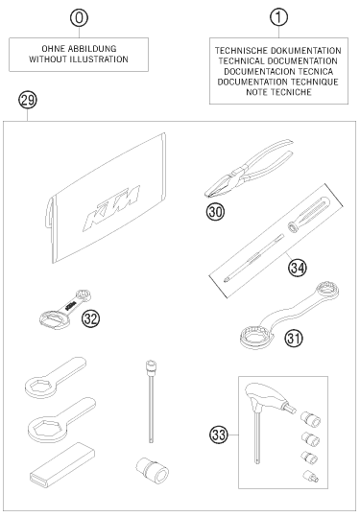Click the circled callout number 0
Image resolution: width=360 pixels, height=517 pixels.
point(79,18)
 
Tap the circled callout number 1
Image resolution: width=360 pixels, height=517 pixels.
point(278,18)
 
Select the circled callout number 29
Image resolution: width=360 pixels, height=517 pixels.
point(28,100)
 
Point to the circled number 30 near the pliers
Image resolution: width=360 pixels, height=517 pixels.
point(215,211)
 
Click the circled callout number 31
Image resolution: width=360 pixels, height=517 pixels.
point(294,339)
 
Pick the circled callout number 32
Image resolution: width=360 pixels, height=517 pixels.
point(91,318)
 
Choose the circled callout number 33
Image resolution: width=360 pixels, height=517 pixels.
point(219,435)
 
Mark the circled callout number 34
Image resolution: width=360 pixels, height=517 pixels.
point(298,268)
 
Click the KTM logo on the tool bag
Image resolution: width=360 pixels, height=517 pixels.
point(111,208)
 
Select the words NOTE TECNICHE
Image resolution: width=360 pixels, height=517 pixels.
point(278,92)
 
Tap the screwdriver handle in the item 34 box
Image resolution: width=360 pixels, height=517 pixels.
point(308,214)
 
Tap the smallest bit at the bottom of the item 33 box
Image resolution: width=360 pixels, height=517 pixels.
point(310,476)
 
